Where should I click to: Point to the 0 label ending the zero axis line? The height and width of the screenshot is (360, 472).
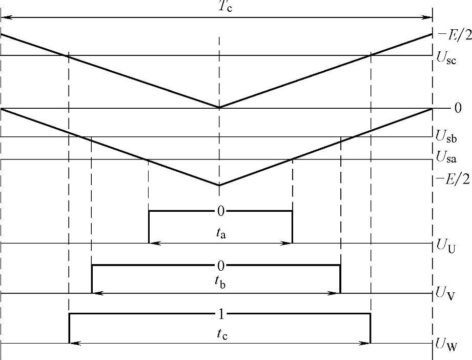pyautogui.click(x=458, y=108)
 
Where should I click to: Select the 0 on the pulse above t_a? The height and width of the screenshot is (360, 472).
pyautogui.click(x=220, y=211)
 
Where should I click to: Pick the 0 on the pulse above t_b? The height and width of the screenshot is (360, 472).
pyautogui.click(x=220, y=265)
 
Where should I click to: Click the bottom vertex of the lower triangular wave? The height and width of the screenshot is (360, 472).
pyautogui.click(x=219, y=185)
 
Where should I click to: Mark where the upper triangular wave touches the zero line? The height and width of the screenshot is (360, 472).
pyautogui.click(x=219, y=108)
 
